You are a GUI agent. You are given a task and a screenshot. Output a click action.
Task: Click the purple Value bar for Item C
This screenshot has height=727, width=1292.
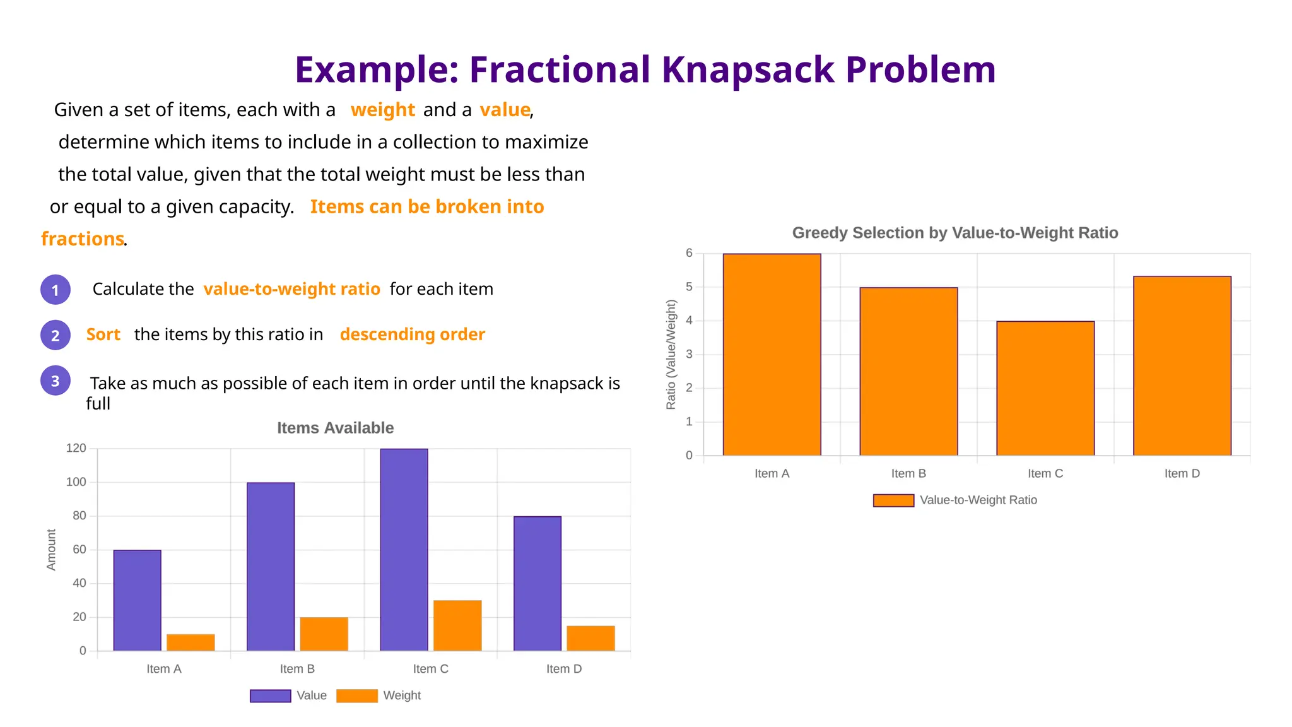point(404,549)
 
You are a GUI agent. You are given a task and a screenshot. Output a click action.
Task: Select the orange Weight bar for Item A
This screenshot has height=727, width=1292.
point(191,642)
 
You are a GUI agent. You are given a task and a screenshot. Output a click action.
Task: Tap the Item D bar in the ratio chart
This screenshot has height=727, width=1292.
point(1182,366)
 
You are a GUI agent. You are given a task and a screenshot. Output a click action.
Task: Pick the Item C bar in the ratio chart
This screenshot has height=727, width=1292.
point(1045,388)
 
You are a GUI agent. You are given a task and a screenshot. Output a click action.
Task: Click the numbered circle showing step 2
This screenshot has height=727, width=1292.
point(56,335)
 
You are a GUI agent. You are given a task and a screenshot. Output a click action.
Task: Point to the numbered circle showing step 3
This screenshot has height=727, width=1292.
point(56,381)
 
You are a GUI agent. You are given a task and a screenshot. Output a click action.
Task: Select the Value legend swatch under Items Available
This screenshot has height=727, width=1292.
point(270,695)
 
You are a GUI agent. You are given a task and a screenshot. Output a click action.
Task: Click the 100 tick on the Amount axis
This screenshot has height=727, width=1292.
point(76,482)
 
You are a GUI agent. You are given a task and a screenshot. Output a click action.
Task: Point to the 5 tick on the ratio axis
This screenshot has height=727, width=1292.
point(689,287)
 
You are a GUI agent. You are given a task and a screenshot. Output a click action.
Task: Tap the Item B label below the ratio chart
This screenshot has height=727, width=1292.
point(908,473)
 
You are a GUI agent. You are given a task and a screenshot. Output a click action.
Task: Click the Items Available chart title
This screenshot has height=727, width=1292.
point(335,428)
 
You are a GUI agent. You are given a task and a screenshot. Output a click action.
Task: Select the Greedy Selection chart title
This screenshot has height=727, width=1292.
point(954,233)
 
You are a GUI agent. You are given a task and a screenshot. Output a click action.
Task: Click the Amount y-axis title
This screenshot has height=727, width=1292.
point(51,550)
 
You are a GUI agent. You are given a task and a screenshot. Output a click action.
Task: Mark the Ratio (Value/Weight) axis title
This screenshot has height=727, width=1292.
point(671,354)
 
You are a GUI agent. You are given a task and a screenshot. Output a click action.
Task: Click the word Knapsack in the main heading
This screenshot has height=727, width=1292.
point(748,69)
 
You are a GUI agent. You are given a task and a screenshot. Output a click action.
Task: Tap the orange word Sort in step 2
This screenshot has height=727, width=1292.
point(103,334)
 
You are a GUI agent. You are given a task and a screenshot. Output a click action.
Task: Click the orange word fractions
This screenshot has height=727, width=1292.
point(82,239)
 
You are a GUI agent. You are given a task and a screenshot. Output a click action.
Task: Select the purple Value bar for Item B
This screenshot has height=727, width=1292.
point(271,566)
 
